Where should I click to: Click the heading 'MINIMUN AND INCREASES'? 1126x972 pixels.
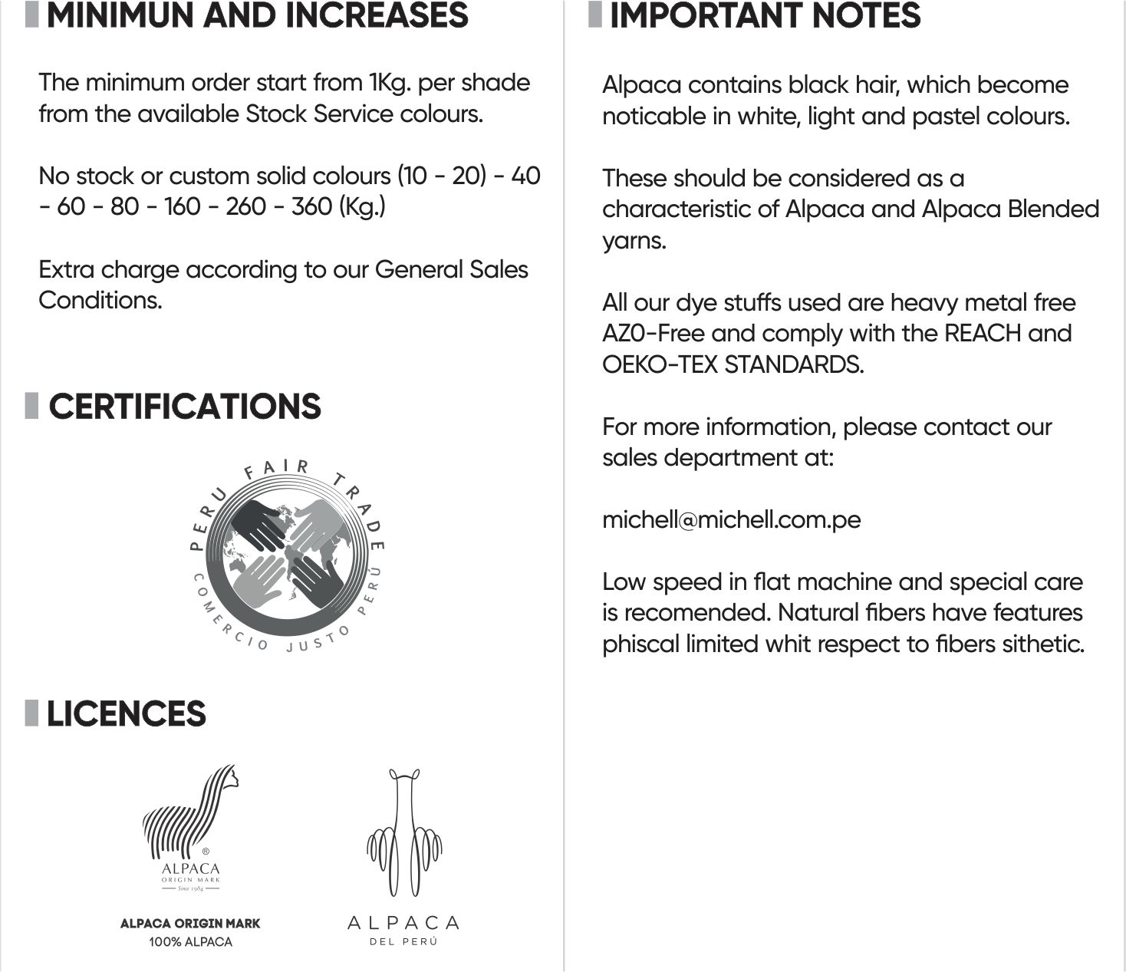257,16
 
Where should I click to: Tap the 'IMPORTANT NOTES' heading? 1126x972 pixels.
765,16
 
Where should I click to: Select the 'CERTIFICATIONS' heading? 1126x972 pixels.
184,407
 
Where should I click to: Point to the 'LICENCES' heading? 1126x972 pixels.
126,714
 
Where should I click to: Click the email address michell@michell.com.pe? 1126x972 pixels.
731,520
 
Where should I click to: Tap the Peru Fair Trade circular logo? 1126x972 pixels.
286,554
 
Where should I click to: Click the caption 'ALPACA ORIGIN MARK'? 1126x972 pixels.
190,924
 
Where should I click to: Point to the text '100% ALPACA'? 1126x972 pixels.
190,942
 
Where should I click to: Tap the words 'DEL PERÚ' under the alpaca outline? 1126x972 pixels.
403,942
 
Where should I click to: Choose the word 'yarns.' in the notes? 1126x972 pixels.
634,241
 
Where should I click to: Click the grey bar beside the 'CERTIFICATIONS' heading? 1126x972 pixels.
31,406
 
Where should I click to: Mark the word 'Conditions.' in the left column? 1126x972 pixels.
100,300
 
